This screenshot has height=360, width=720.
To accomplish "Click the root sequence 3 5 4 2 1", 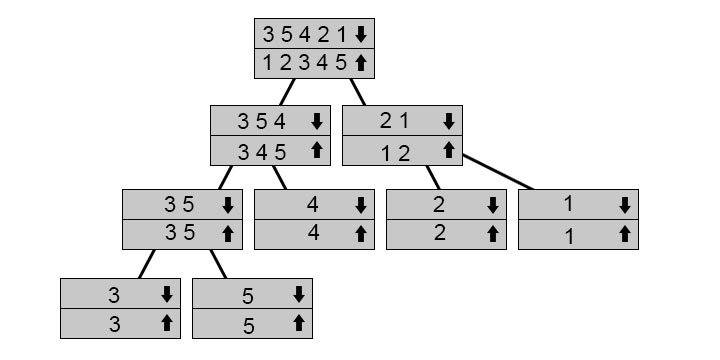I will [x=304, y=34].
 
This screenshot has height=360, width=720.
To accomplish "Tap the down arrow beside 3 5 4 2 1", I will [x=361, y=34].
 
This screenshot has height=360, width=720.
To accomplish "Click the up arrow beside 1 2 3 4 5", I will [x=361, y=63].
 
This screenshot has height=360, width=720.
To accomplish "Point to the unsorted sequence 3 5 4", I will [x=262, y=122].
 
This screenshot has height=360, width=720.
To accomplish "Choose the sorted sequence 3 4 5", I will [x=262, y=152].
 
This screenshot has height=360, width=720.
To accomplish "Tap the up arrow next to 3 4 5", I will [x=317, y=151].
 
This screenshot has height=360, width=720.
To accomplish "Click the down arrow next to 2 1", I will [x=449, y=122].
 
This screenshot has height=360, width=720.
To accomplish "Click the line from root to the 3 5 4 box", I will [x=289, y=92].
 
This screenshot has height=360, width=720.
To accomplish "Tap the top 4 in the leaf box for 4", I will [x=313, y=205].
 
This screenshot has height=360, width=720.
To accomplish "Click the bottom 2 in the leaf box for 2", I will [x=438, y=234].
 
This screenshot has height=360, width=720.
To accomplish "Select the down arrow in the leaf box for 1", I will [x=624, y=205].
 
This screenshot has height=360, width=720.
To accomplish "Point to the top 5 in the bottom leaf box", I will [x=248, y=296].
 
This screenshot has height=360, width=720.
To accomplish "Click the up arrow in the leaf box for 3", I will [x=167, y=324].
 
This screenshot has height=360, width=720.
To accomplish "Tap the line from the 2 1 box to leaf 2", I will [x=432, y=177].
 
